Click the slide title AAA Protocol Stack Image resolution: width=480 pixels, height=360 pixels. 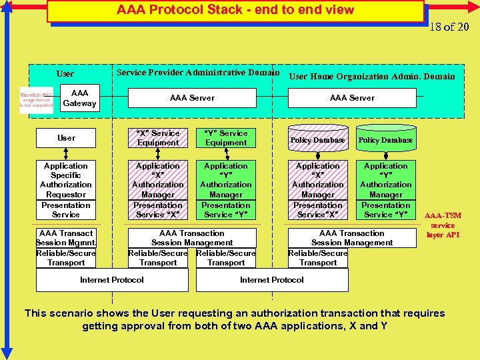click(x=235, y=11)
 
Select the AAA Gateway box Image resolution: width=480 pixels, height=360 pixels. click(x=79, y=99)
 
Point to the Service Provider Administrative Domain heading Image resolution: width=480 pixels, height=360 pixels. click(x=197, y=72)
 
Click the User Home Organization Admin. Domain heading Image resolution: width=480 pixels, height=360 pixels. click(x=371, y=76)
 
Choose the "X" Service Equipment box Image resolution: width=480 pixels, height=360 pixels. click(x=158, y=138)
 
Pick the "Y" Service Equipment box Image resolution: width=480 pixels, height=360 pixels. click(x=226, y=138)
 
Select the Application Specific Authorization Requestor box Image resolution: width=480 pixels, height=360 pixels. click(x=65, y=180)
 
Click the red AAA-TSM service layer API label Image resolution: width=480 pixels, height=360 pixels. click(x=443, y=225)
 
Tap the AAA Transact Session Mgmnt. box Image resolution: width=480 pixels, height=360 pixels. click(x=65, y=238)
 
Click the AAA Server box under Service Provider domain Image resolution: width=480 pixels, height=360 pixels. click(x=192, y=98)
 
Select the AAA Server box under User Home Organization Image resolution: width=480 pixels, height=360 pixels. click(x=352, y=98)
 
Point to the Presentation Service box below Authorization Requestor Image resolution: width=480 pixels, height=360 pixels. click(x=65, y=210)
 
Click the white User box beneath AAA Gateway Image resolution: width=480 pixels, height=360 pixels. click(x=65, y=138)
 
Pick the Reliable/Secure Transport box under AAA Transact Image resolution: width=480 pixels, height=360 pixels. click(x=65, y=258)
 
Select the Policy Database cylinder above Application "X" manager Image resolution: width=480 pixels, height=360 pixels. click(x=318, y=140)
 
